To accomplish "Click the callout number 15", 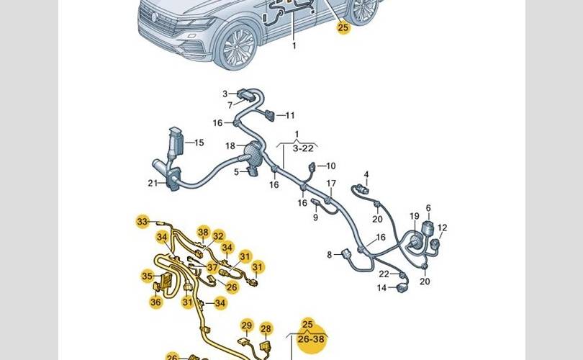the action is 199,143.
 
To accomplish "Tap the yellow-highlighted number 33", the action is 143,222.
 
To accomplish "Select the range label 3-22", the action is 303,148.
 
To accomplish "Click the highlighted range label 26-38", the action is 311,339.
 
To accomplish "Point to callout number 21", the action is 153,183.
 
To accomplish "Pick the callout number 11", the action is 290,115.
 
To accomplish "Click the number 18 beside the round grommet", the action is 230,145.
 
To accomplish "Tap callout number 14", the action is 382,288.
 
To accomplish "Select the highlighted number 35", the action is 148,276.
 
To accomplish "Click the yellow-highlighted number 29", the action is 246,325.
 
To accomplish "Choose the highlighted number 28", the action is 266,329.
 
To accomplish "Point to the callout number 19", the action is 415,216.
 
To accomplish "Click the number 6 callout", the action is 428,208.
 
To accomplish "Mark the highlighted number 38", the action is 204,232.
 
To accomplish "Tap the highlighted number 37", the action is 212,267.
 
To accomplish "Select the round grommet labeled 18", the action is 253,153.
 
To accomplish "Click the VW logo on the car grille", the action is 154,17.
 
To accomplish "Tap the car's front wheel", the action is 238,48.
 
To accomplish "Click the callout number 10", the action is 331,166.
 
